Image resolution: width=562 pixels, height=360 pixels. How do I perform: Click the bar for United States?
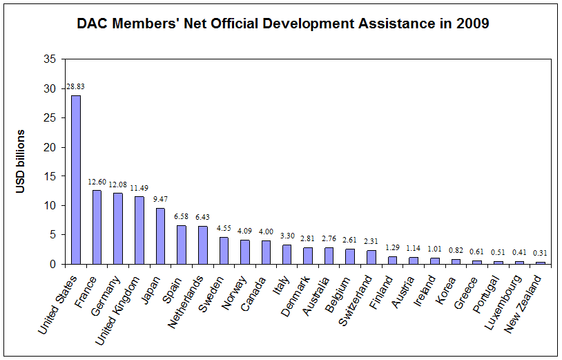pyautogui.click(x=76, y=180)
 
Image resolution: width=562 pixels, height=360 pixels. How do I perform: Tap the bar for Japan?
pyautogui.click(x=160, y=236)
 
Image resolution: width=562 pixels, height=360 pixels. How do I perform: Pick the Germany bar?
pyautogui.click(x=118, y=228)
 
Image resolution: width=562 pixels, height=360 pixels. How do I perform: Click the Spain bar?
pyautogui.click(x=182, y=245)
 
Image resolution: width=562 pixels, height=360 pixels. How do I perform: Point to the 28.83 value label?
pyautogui.click(x=76, y=86)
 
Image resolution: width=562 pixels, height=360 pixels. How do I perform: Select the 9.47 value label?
pyautogui.click(x=160, y=200)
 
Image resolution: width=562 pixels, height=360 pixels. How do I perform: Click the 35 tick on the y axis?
pyautogui.click(x=50, y=59)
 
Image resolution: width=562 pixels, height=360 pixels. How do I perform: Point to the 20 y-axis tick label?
pyautogui.click(x=50, y=147)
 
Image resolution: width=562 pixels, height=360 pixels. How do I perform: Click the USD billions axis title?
pyautogui.click(x=21, y=162)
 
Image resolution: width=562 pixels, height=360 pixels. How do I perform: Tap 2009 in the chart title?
pyautogui.click(x=473, y=24)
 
